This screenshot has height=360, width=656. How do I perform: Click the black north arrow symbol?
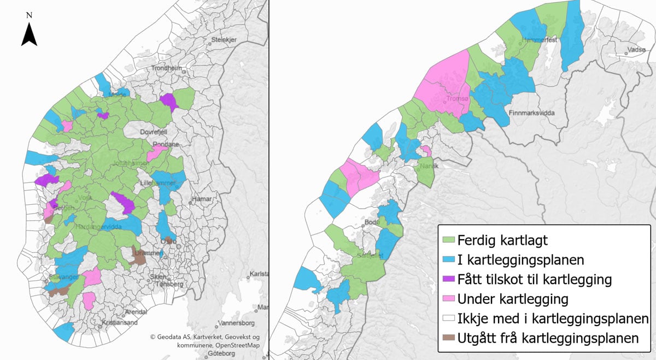point(29,34)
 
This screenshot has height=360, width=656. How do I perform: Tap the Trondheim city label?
point(167,68)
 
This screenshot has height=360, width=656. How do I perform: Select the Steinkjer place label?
point(223,39)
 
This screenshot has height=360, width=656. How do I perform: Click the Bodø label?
point(371,222)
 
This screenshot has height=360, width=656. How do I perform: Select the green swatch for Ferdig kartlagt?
point(448,239)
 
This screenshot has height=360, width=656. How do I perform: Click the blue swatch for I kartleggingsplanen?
point(448,259)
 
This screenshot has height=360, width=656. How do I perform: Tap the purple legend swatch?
point(448,279)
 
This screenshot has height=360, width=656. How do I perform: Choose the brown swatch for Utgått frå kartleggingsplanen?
point(448,338)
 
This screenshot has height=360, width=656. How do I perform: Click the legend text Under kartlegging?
point(513,299)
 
